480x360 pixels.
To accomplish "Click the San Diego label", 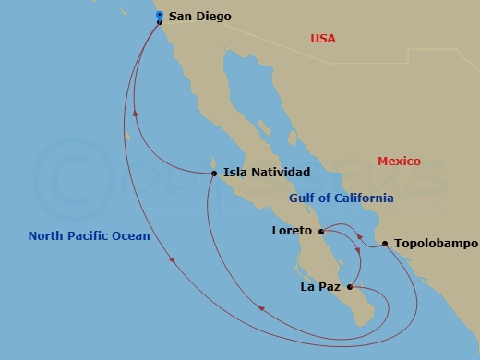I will coord(200,17).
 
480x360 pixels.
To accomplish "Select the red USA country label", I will coord(323,39).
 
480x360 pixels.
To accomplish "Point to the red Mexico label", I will coord(399,162).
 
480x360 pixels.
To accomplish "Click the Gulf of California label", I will coord(342,198).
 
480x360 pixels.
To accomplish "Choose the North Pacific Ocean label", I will coord(89,235).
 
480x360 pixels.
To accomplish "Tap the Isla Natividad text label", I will coord(267,172).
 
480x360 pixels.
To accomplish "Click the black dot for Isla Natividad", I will coord(214,173).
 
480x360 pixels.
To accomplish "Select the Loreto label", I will coord(292,230).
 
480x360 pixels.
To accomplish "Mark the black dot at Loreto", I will coord(320,231).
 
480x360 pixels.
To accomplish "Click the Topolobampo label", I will coord(436,245).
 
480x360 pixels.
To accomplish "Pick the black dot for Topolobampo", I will coord(385,245).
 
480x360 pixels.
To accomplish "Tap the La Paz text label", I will coord(320,287).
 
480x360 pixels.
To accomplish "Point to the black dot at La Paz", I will coord(349,287).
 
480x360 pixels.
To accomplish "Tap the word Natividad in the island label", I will coord(281,172).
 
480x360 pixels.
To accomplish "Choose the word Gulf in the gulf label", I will coord(302,198).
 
